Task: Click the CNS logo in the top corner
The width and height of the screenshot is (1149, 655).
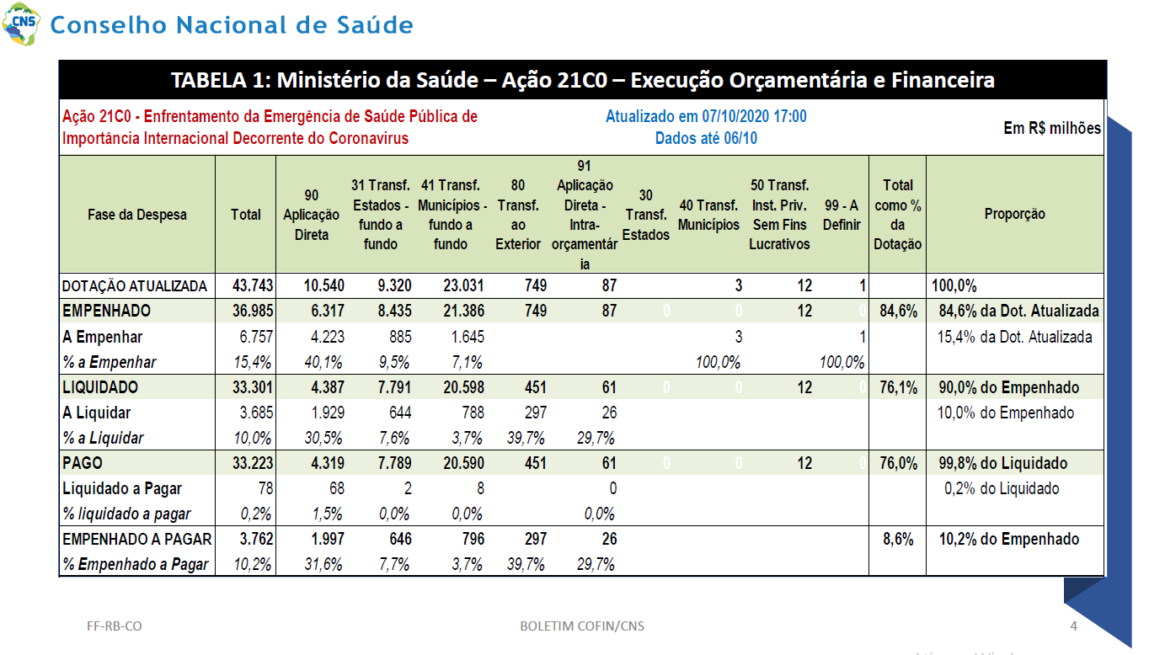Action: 21,24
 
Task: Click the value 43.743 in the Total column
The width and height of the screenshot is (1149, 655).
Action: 253,285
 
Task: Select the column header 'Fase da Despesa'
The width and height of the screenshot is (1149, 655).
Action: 137,214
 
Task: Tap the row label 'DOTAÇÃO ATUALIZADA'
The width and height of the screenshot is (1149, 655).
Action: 135,286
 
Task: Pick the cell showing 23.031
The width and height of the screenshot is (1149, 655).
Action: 463,285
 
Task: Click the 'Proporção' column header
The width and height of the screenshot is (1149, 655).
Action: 1014,214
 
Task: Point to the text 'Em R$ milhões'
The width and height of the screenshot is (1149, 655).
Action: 1052,128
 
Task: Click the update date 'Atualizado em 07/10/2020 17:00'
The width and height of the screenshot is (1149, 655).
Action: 706,116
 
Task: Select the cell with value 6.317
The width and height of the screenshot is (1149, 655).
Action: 327,311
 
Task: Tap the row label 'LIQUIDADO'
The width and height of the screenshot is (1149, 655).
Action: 100,387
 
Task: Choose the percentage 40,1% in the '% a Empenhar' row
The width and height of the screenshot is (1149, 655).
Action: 323,362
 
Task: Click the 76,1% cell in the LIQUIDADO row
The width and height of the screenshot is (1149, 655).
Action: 898,387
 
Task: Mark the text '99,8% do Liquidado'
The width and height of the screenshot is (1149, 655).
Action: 1002,463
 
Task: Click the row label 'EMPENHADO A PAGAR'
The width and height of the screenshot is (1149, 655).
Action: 137,539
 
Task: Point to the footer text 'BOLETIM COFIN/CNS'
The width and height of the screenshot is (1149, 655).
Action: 582,626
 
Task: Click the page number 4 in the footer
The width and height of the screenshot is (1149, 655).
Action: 1073,626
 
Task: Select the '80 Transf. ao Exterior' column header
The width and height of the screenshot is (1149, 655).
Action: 518,214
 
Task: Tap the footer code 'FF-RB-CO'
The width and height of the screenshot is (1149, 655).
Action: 115,626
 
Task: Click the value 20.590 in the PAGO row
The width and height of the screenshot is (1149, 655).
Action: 463,463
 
